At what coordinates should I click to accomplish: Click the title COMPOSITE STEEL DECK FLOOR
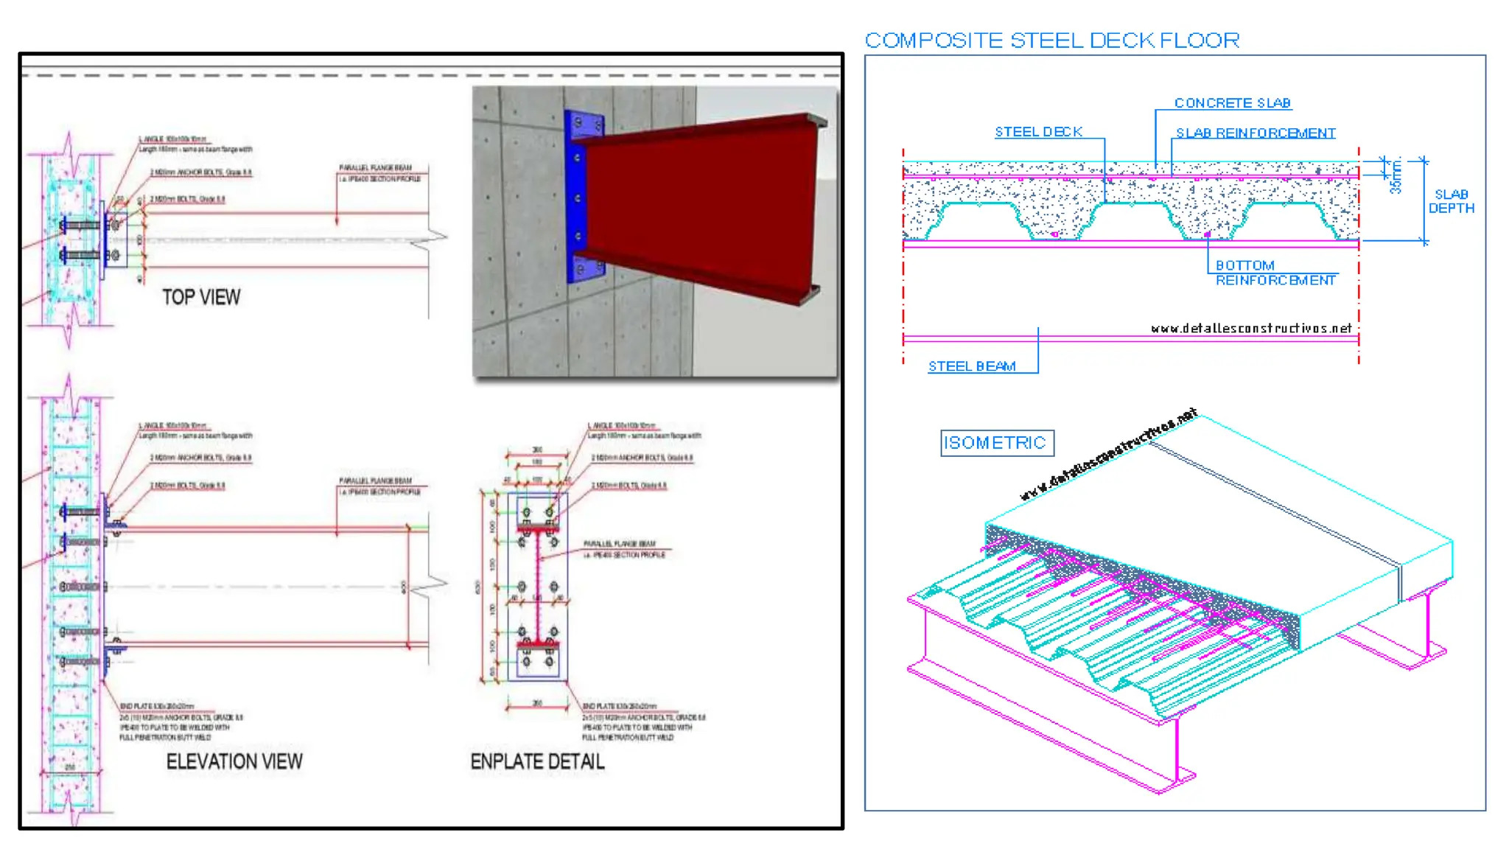pyautogui.click(x=1051, y=41)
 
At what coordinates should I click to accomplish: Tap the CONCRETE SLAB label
pyautogui.click(x=1232, y=103)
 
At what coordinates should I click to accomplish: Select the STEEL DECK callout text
pyautogui.click(x=1038, y=132)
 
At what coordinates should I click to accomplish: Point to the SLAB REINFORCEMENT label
pyautogui.click(x=1256, y=133)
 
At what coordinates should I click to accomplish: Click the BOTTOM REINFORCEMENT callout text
pyautogui.click(x=1275, y=273)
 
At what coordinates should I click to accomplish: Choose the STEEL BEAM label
pyautogui.click(x=972, y=366)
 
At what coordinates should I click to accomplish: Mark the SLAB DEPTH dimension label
pyautogui.click(x=1451, y=201)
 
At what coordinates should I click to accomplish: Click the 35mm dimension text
pyautogui.click(x=1396, y=177)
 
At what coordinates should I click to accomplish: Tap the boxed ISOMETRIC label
pyautogui.click(x=996, y=443)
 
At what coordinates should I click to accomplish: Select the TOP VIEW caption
pyautogui.click(x=201, y=297)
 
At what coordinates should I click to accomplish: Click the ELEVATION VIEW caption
pyautogui.click(x=234, y=761)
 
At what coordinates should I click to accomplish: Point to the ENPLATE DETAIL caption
pyautogui.click(x=537, y=761)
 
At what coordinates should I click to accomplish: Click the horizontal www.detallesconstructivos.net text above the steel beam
pyautogui.click(x=1251, y=329)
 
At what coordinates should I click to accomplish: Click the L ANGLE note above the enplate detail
pyautogui.click(x=643, y=430)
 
